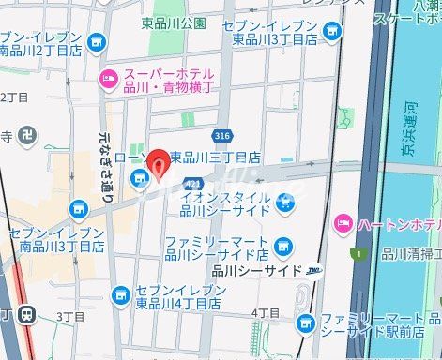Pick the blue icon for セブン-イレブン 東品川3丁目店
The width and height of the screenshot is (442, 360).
point(331,32)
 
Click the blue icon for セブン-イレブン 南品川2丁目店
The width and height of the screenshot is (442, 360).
point(98,42)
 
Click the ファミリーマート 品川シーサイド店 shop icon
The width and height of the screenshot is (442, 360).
point(283,247)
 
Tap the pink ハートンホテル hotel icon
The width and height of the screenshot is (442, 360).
point(343,223)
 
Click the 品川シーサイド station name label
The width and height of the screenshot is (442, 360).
point(256,270)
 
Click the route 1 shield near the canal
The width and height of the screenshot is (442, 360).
point(357,253)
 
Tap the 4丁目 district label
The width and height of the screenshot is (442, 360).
point(266,312)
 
